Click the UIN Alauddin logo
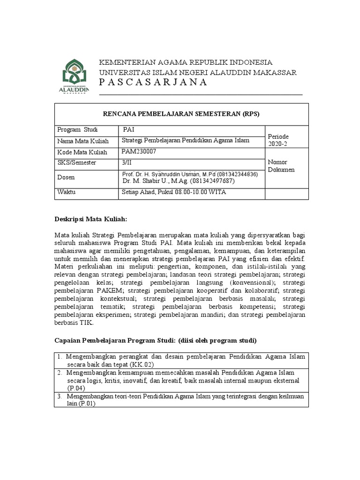[76, 76]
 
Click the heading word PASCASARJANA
[153, 82]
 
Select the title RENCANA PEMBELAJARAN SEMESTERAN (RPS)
[181, 114]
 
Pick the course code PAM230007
[139, 152]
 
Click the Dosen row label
[66, 177]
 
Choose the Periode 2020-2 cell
[278, 139]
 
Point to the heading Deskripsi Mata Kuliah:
[90, 219]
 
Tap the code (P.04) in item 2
[76, 389]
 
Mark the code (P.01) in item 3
[87, 405]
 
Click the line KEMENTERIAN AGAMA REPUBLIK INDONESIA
[185, 62]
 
